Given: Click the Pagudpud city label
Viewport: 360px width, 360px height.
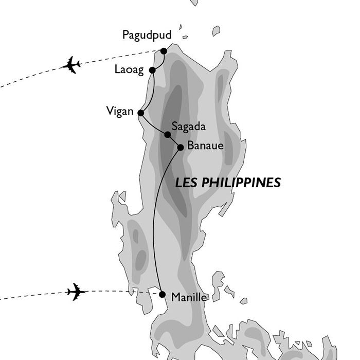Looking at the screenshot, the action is coord(147,35).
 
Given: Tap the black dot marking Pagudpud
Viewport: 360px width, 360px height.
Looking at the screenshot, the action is coord(164,51).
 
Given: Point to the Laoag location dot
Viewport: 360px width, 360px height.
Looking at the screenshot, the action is coord(152,70).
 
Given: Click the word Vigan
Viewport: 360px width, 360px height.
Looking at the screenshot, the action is coord(119,111).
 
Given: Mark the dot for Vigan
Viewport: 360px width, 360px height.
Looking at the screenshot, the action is coord(140,113).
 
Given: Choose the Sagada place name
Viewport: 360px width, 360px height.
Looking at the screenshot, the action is coord(188,125).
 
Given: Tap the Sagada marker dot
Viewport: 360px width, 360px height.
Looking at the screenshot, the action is coord(168,135).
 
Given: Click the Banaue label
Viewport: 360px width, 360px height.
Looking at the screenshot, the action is coord(205,146).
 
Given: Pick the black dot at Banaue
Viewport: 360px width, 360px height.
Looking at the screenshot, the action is coord(180,148).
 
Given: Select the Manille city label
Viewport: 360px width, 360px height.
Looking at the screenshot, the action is coord(190,297).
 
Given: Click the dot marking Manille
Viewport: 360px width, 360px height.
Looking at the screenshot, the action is coord(163,295).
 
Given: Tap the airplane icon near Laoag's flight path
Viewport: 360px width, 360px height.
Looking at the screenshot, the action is coord(72,65).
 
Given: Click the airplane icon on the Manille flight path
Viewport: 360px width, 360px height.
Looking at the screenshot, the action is coord(76,292).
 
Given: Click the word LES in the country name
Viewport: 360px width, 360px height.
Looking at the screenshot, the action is coord(185,183).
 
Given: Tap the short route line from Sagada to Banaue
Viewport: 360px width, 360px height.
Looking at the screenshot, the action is coord(174,141).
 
